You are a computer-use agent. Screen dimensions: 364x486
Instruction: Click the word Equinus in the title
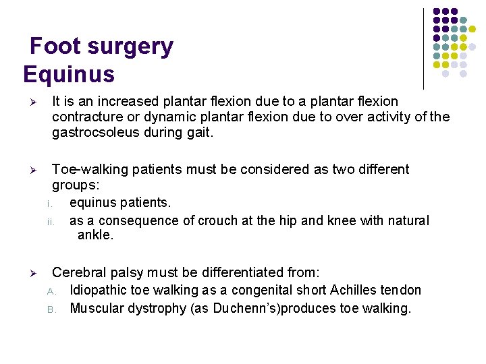click(x=69, y=73)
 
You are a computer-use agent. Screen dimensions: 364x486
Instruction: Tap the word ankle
click(x=96, y=235)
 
